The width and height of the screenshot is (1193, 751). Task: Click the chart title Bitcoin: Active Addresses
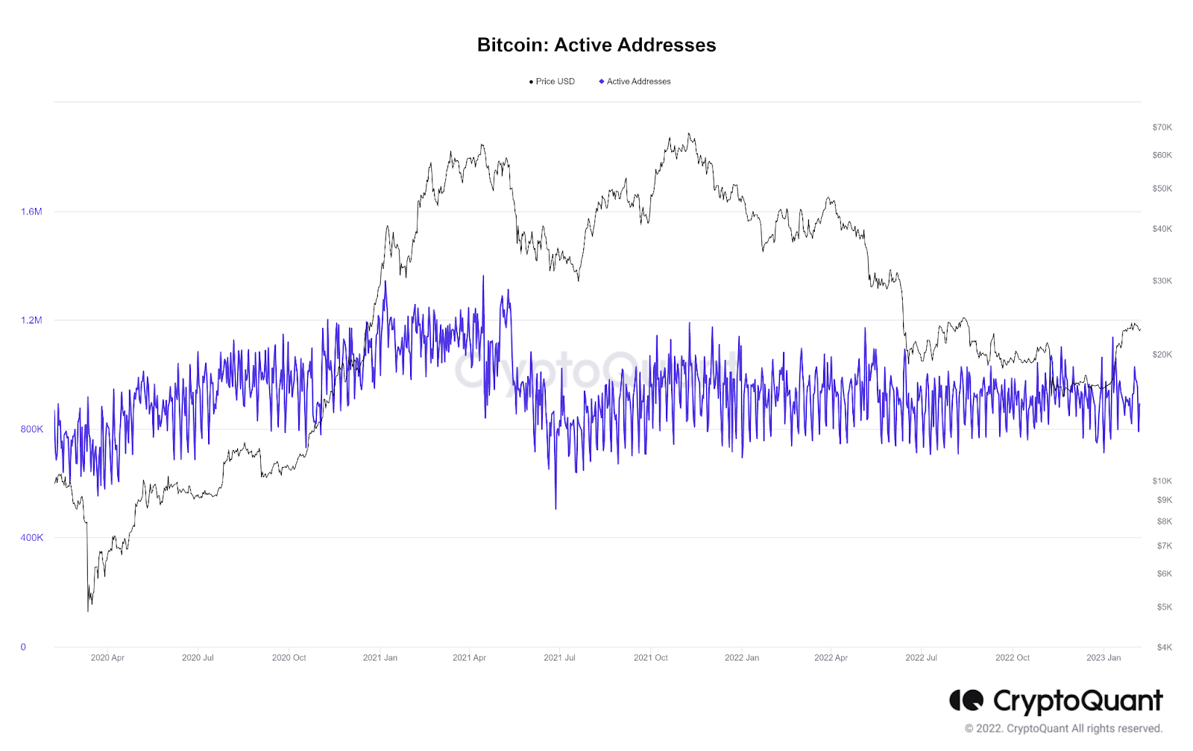(596, 45)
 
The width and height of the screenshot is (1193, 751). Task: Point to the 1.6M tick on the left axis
(31, 212)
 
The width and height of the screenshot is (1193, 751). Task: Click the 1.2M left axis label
(31, 320)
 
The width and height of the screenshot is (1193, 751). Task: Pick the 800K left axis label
(31, 429)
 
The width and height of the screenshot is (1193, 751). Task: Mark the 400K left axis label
(31, 538)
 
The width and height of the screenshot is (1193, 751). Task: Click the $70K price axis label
(1162, 127)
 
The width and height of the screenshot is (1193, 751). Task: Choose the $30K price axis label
(1162, 281)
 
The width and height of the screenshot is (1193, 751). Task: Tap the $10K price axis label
(1162, 481)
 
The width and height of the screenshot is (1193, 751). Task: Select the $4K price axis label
(1164, 647)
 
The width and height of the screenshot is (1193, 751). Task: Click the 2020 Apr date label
(107, 658)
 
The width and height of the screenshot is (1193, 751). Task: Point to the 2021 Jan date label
(380, 658)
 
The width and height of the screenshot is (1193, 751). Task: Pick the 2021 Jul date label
(559, 658)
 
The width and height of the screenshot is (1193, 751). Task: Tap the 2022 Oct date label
(1012, 658)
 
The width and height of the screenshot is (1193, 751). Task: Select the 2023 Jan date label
(1103, 658)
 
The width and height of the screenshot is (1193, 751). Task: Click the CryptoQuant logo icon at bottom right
(966, 700)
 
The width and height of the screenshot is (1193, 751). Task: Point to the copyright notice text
(1063, 729)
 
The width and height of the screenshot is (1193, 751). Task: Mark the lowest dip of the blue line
(555, 509)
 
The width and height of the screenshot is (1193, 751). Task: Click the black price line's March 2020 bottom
(88, 611)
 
